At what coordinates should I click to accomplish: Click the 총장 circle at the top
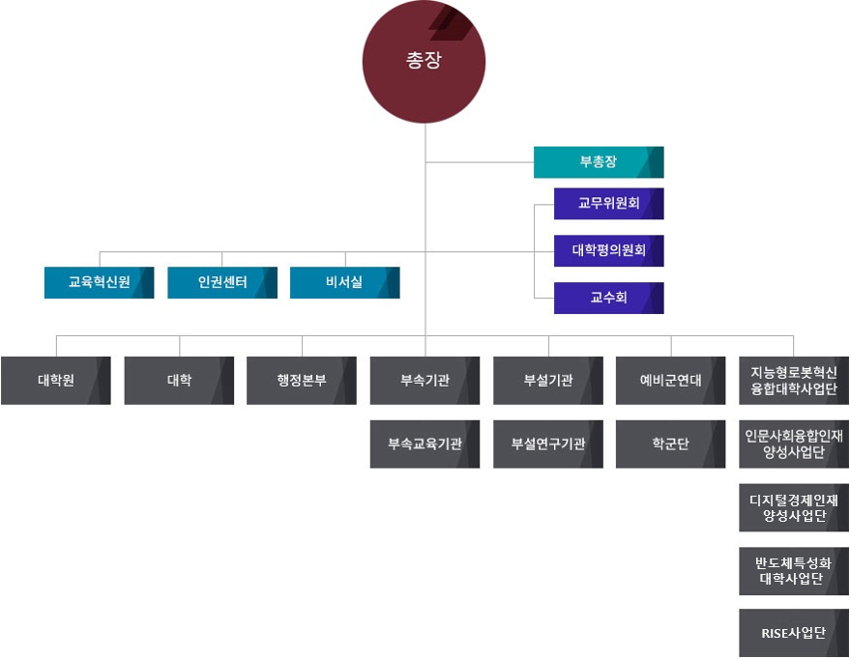(425, 60)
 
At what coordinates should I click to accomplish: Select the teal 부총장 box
(599, 162)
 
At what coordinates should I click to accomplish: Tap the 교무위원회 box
(608, 203)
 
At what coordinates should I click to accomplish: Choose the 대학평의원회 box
(608, 250)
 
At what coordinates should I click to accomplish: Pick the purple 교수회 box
(608, 298)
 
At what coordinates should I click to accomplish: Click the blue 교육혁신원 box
(99, 282)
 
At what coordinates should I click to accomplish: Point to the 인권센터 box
(222, 282)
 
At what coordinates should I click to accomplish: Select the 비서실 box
(344, 282)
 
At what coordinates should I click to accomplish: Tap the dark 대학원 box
(56, 380)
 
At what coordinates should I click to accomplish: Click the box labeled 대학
(179, 380)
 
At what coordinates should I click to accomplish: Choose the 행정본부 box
(302, 380)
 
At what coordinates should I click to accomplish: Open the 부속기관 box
(425, 380)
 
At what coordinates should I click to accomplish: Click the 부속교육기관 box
(425, 444)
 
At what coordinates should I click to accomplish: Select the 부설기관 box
(547, 380)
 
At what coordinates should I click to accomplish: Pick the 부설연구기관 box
(547, 444)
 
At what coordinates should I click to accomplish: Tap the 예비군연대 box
(670, 380)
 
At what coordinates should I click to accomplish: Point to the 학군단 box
(670, 444)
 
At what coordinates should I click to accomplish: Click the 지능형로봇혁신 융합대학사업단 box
(794, 380)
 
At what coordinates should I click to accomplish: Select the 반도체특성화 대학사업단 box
(794, 571)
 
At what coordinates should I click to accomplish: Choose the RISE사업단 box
(794, 633)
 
